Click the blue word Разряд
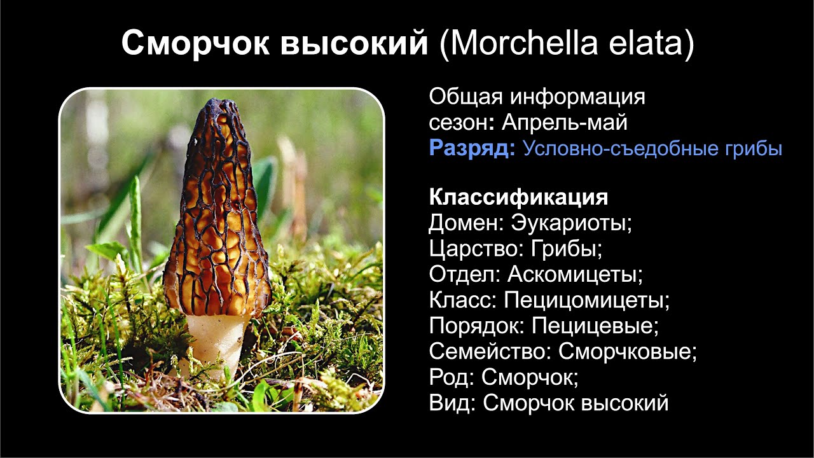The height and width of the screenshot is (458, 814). click(x=471, y=149)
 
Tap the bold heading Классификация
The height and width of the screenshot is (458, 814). click(x=518, y=197)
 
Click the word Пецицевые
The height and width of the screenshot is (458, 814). click(x=594, y=326)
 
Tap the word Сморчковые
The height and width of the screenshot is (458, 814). click(x=627, y=352)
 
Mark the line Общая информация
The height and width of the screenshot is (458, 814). click(x=537, y=97)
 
